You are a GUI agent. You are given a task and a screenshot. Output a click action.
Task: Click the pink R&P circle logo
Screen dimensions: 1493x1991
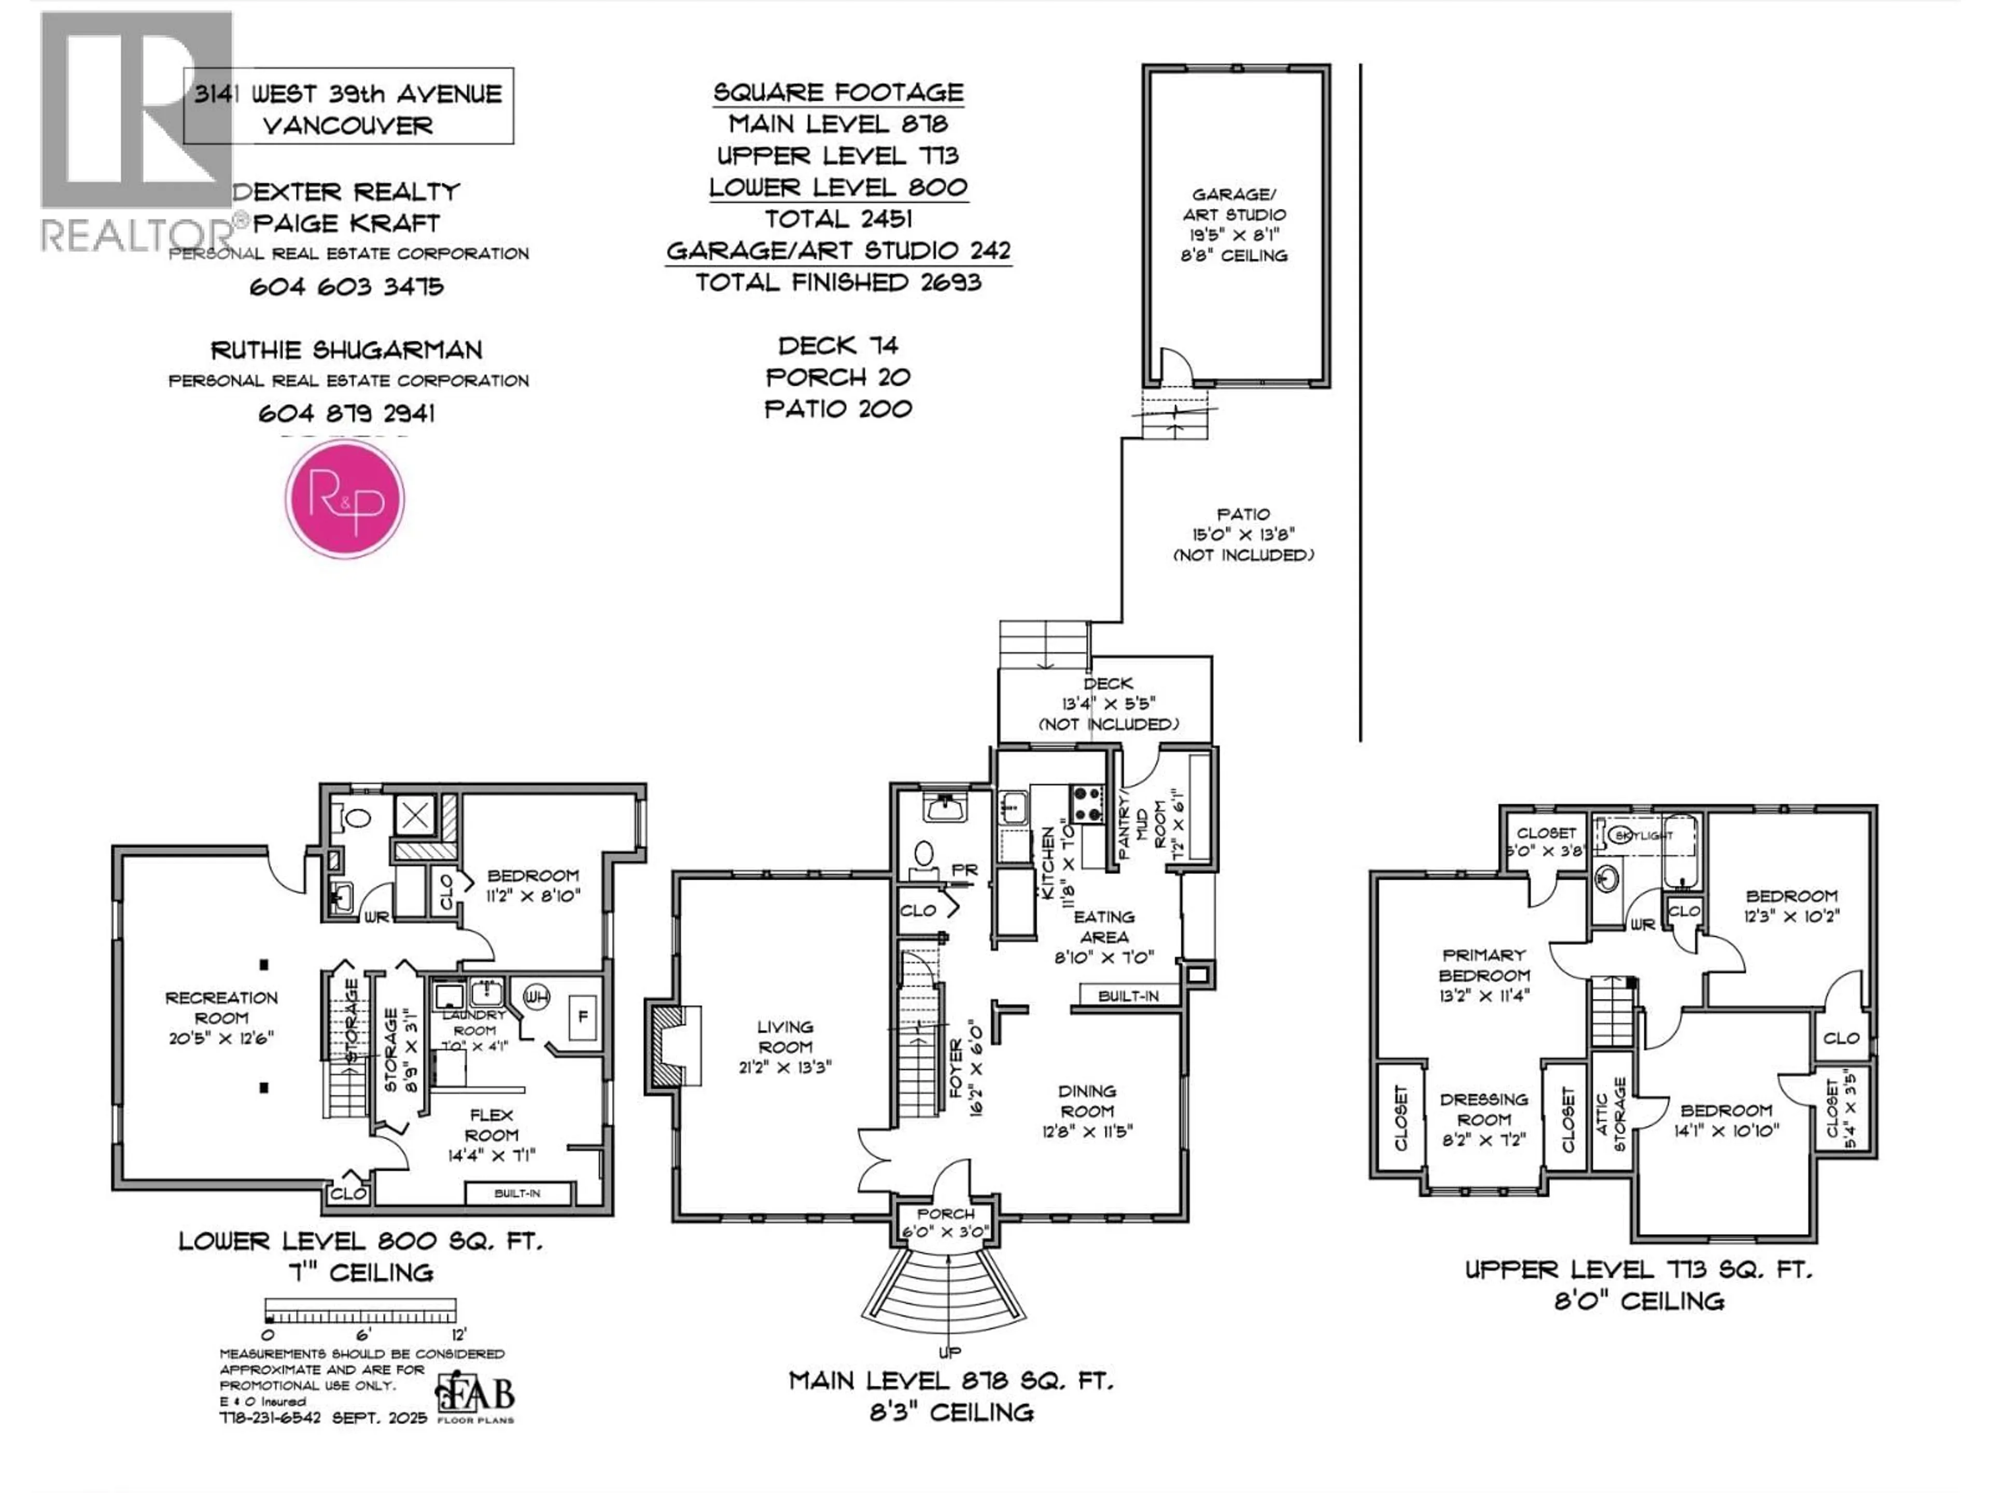(345, 499)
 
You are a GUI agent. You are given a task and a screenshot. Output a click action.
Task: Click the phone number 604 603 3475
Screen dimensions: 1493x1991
(346, 286)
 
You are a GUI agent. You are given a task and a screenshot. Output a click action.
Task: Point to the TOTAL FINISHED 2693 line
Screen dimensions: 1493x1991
(838, 283)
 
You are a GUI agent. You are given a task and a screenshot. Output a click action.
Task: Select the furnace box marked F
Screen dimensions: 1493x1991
(582, 1017)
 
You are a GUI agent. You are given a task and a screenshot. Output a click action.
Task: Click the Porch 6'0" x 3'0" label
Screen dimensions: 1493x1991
(946, 1222)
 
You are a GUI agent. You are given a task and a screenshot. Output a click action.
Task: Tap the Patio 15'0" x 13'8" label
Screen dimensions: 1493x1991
(1243, 534)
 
